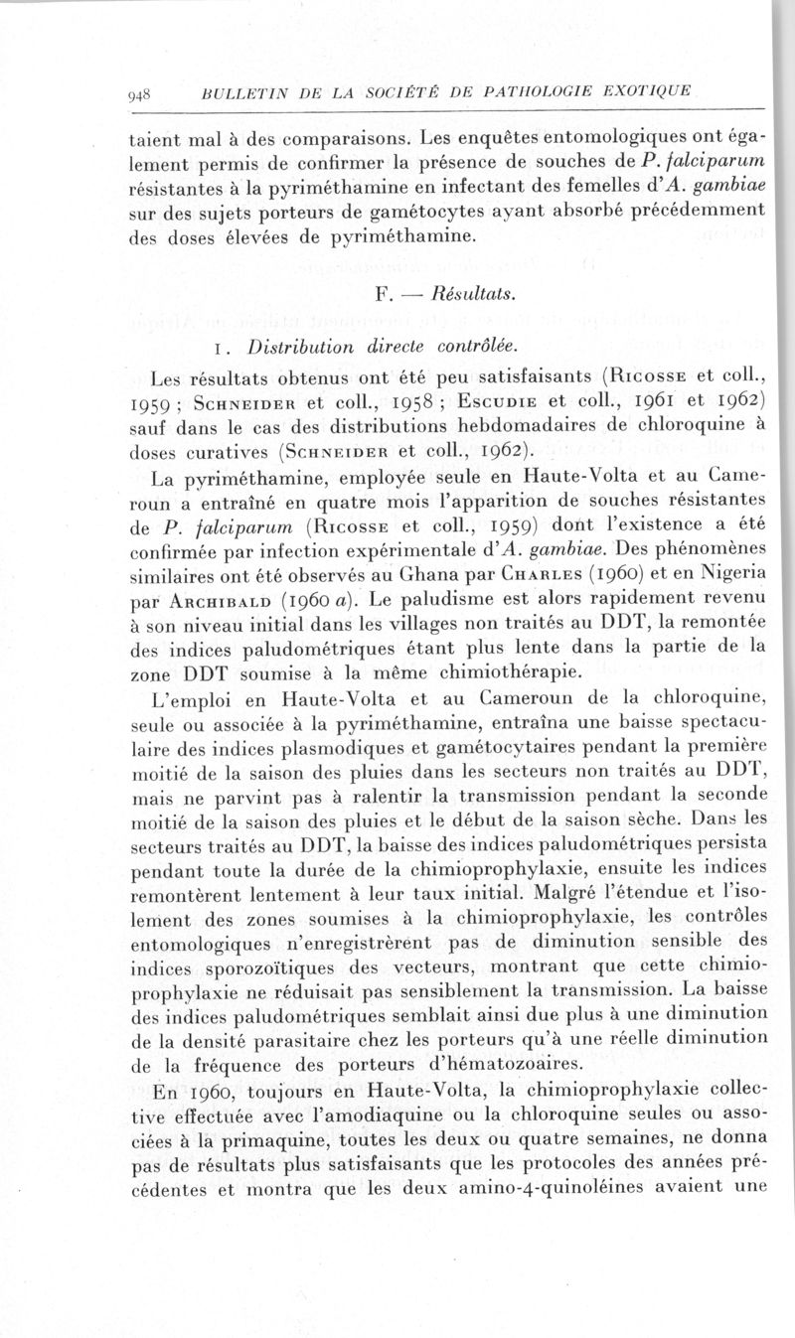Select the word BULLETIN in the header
(x=239, y=94)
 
